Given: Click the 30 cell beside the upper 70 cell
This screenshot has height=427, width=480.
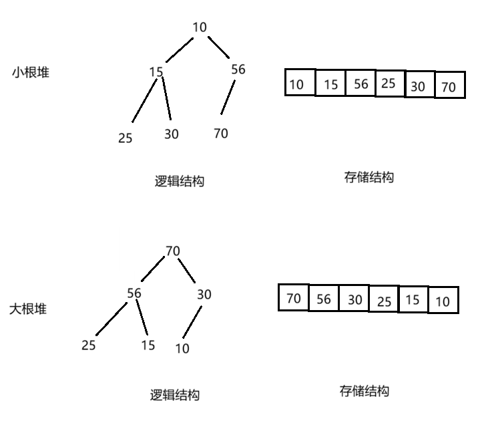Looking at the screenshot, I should (x=419, y=86).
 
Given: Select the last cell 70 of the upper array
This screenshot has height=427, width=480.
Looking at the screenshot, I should (x=449, y=87).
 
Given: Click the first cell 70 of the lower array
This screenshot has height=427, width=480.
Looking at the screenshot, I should (x=293, y=298).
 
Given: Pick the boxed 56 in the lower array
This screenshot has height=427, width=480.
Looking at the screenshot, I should (x=323, y=299).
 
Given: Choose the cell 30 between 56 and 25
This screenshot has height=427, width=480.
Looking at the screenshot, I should (x=354, y=299).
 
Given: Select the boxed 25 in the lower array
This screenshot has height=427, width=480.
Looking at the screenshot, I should (x=384, y=301).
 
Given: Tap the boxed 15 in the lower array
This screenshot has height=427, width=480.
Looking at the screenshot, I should (x=413, y=300).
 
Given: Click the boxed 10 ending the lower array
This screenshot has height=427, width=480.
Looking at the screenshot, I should (x=443, y=301).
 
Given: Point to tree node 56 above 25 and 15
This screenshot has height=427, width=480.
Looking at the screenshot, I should (x=135, y=293).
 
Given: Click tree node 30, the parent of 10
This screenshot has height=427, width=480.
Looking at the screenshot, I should (x=204, y=294).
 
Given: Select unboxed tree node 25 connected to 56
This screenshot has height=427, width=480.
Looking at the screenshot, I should (x=88, y=345).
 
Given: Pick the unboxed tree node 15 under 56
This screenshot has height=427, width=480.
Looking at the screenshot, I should (x=148, y=345).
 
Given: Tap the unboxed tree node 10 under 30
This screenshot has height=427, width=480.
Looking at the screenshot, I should (x=182, y=348).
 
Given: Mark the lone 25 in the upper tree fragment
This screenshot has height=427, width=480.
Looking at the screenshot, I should (x=125, y=138).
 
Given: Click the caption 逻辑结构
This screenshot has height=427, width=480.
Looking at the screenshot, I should (x=174, y=395).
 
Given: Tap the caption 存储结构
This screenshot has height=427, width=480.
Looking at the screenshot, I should (x=364, y=391).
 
